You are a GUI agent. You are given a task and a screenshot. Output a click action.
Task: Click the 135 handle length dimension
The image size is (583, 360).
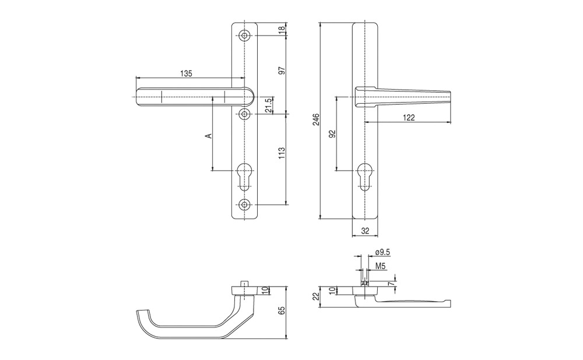pyautogui.click(x=187, y=73)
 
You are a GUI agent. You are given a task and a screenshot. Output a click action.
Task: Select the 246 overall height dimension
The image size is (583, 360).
pyautogui.click(x=315, y=119)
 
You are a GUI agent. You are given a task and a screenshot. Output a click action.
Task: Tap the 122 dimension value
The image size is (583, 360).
pyautogui.click(x=409, y=118)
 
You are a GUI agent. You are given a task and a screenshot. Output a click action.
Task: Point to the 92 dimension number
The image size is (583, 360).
pyautogui.click(x=332, y=134)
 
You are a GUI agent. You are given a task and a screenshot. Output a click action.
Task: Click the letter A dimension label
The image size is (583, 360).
pyautogui.click(x=209, y=136)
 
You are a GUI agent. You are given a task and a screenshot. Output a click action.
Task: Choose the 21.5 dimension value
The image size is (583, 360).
pyautogui.click(x=268, y=106)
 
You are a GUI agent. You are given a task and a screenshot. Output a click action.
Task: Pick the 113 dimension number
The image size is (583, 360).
pyautogui.click(x=281, y=153)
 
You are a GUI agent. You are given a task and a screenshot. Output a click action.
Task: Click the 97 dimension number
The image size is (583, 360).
pyautogui.click(x=281, y=70)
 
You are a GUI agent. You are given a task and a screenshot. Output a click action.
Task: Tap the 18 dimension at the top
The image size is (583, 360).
pyautogui.click(x=281, y=29)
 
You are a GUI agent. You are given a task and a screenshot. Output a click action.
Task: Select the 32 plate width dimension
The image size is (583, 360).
pyautogui.click(x=365, y=231)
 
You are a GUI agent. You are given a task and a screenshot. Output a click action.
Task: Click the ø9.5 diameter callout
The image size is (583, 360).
pyautogui.click(x=382, y=252)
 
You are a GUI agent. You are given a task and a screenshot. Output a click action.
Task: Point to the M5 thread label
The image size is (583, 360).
pyautogui.click(x=380, y=266)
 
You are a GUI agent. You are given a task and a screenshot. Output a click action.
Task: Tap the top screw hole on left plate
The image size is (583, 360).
pyautogui.click(x=244, y=36)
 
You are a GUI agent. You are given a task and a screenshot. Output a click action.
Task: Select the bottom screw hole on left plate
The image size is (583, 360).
pyautogui.click(x=244, y=204)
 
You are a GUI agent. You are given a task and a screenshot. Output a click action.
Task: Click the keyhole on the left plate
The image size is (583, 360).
pyautogui.click(x=244, y=177)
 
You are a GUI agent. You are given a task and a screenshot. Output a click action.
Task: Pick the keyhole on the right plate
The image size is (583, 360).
pyautogui.click(x=365, y=177)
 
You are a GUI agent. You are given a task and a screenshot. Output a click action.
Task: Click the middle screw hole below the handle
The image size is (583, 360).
pyautogui.click(x=244, y=114)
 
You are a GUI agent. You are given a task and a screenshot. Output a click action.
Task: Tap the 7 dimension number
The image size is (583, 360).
pyautogui.click(x=390, y=284)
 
